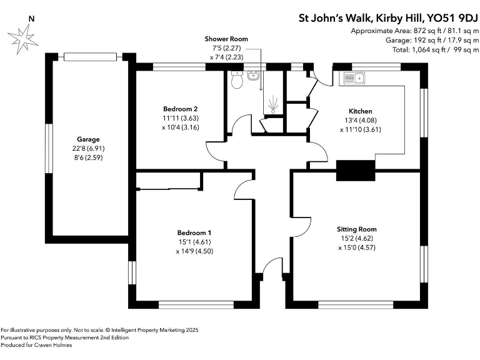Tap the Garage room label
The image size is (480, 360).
pyautogui.click(x=88, y=139)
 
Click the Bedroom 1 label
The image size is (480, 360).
pyautogui.click(x=194, y=232)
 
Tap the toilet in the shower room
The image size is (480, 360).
pyautogui.click(x=237, y=80)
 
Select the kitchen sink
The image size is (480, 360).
pyautogui.click(x=354, y=79)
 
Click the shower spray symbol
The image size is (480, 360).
pyautogui.click(x=272, y=102)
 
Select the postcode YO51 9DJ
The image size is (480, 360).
pyautogui.click(x=449, y=17)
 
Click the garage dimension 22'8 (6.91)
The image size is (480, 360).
pyautogui.click(x=88, y=148)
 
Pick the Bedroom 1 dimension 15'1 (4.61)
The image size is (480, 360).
pyautogui.click(x=194, y=242)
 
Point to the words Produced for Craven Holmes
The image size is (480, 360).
pyautogui.click(x=37, y=345)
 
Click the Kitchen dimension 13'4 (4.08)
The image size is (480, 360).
pyautogui.click(x=359, y=121)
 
